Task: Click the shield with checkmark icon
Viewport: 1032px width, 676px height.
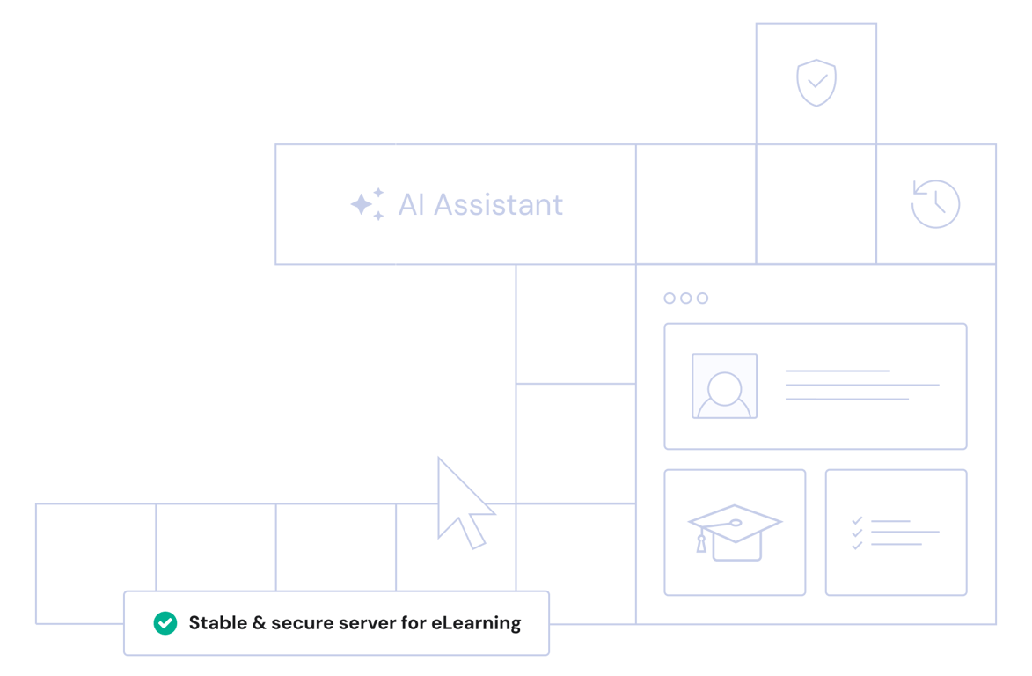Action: (x=816, y=83)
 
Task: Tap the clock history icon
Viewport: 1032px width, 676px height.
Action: (x=935, y=204)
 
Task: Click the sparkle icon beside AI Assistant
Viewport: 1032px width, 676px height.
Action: (x=367, y=204)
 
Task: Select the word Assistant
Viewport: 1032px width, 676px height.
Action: (x=498, y=205)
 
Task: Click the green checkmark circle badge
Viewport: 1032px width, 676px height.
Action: (x=165, y=623)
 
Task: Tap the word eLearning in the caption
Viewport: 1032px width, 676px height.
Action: (x=476, y=623)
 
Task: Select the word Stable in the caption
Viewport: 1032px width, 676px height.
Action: (x=217, y=623)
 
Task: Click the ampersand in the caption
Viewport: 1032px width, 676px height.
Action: (x=259, y=623)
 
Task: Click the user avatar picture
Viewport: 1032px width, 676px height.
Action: (x=724, y=386)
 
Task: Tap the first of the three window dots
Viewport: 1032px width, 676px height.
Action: (x=670, y=298)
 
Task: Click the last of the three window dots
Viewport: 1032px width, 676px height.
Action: (x=701, y=298)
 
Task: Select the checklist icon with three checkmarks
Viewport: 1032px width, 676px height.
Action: (x=895, y=533)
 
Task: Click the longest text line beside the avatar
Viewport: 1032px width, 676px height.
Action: (x=861, y=386)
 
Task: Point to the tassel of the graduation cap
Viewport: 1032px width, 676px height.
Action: (x=701, y=543)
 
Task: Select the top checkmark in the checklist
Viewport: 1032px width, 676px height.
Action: (x=857, y=520)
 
